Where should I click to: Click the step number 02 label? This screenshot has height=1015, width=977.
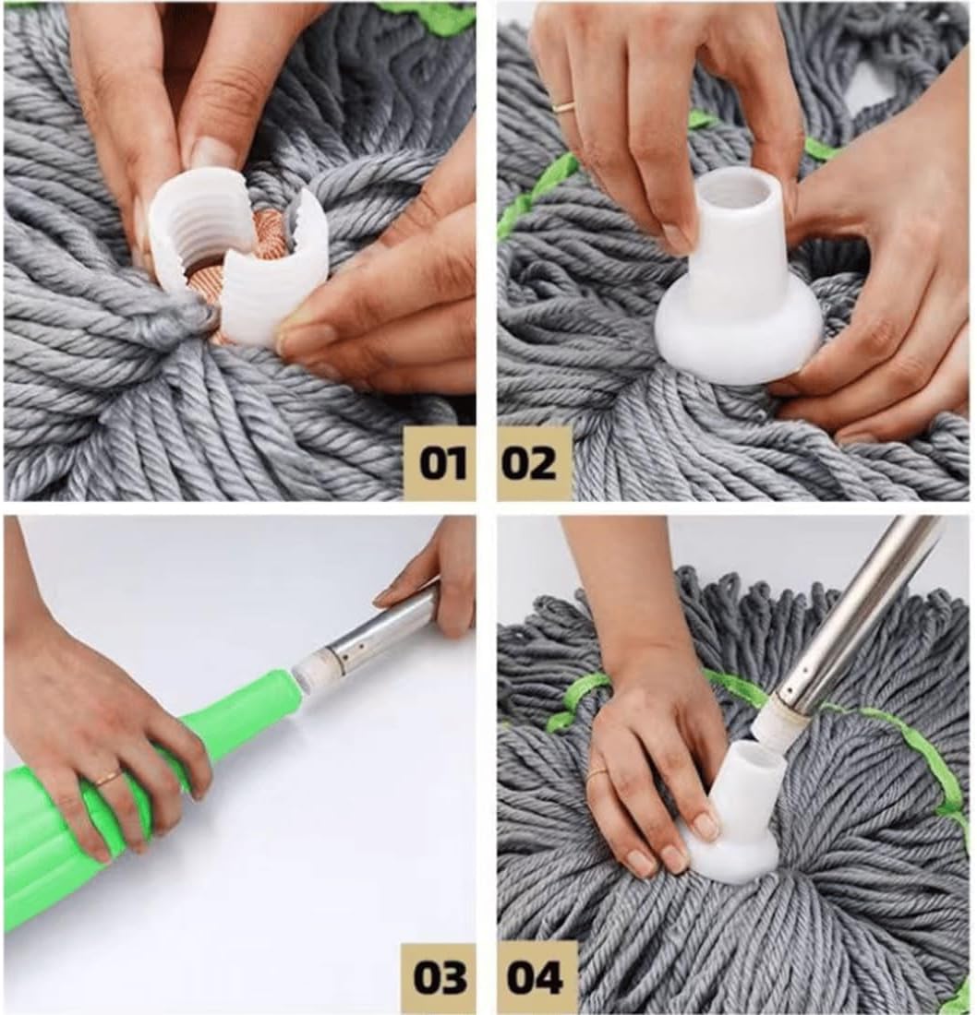[530, 463]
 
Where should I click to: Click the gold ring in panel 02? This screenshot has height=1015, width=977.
[564, 106]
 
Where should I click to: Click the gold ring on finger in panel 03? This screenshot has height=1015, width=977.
[108, 778]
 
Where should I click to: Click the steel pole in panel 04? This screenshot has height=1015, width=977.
[859, 609]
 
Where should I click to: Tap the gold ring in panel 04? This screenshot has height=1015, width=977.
[597, 772]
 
